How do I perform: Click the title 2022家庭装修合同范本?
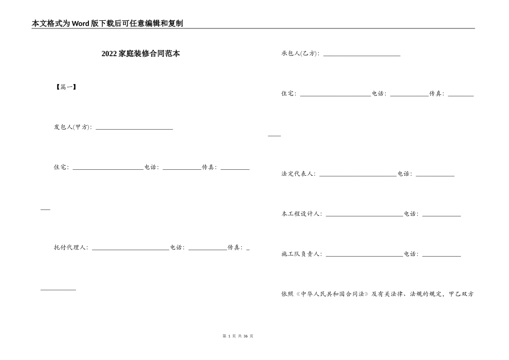[x=140, y=54]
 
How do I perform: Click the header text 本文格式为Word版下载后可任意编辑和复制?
[x=108, y=23]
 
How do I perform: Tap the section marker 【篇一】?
[x=66, y=87]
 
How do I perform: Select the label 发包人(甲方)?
[x=72, y=127]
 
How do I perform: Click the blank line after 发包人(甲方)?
[x=134, y=129]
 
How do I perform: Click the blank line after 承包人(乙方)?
[x=362, y=55]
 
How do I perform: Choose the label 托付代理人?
[x=71, y=247]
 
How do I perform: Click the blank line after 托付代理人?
[x=131, y=249]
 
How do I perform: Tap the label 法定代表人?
[x=298, y=174]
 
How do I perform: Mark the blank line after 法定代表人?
[x=358, y=175]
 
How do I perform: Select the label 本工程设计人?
[x=302, y=214]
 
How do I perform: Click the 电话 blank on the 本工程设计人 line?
[x=441, y=215]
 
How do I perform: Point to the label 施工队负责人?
[x=302, y=254]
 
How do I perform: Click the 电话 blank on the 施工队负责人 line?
[x=441, y=256]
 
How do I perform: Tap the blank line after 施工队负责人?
[x=364, y=256]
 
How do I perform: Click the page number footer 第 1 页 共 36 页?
[x=237, y=336]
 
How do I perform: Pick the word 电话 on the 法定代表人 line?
[x=405, y=174]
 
